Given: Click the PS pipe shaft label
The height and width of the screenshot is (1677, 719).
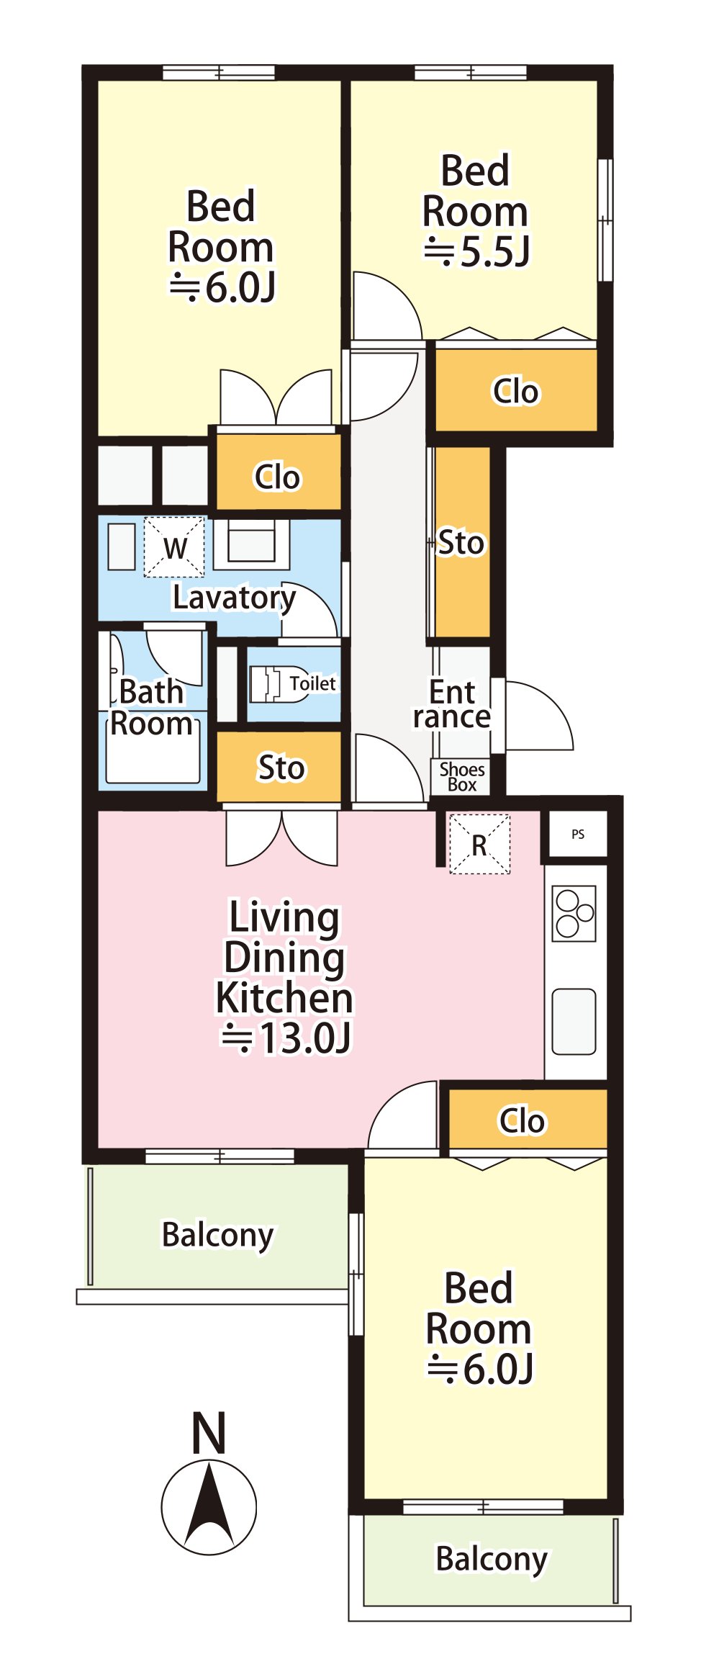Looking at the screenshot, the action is (578, 835).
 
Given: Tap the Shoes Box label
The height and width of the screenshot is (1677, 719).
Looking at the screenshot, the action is (462, 777).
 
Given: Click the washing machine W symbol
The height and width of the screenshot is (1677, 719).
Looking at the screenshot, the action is (174, 547).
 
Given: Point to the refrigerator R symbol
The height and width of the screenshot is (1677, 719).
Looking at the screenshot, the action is (479, 844).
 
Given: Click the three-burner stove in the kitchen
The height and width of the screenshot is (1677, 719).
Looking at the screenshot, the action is (574, 913).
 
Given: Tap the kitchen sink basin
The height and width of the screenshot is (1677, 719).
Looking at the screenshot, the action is (574, 1022).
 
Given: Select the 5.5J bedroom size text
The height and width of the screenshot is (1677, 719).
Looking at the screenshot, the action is (476, 252).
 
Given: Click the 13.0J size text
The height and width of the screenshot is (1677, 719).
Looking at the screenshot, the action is (286, 1038).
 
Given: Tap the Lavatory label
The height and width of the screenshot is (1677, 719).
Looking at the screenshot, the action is (235, 598).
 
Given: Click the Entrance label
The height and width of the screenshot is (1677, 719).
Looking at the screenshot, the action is (452, 704).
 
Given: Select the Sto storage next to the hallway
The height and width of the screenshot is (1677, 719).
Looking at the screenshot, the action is (463, 542).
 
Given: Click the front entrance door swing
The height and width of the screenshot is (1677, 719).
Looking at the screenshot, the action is (538, 716).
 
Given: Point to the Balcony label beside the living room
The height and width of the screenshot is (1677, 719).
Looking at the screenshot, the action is (217, 1234).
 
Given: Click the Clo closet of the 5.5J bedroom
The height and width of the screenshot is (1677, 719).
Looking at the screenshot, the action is (516, 390).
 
